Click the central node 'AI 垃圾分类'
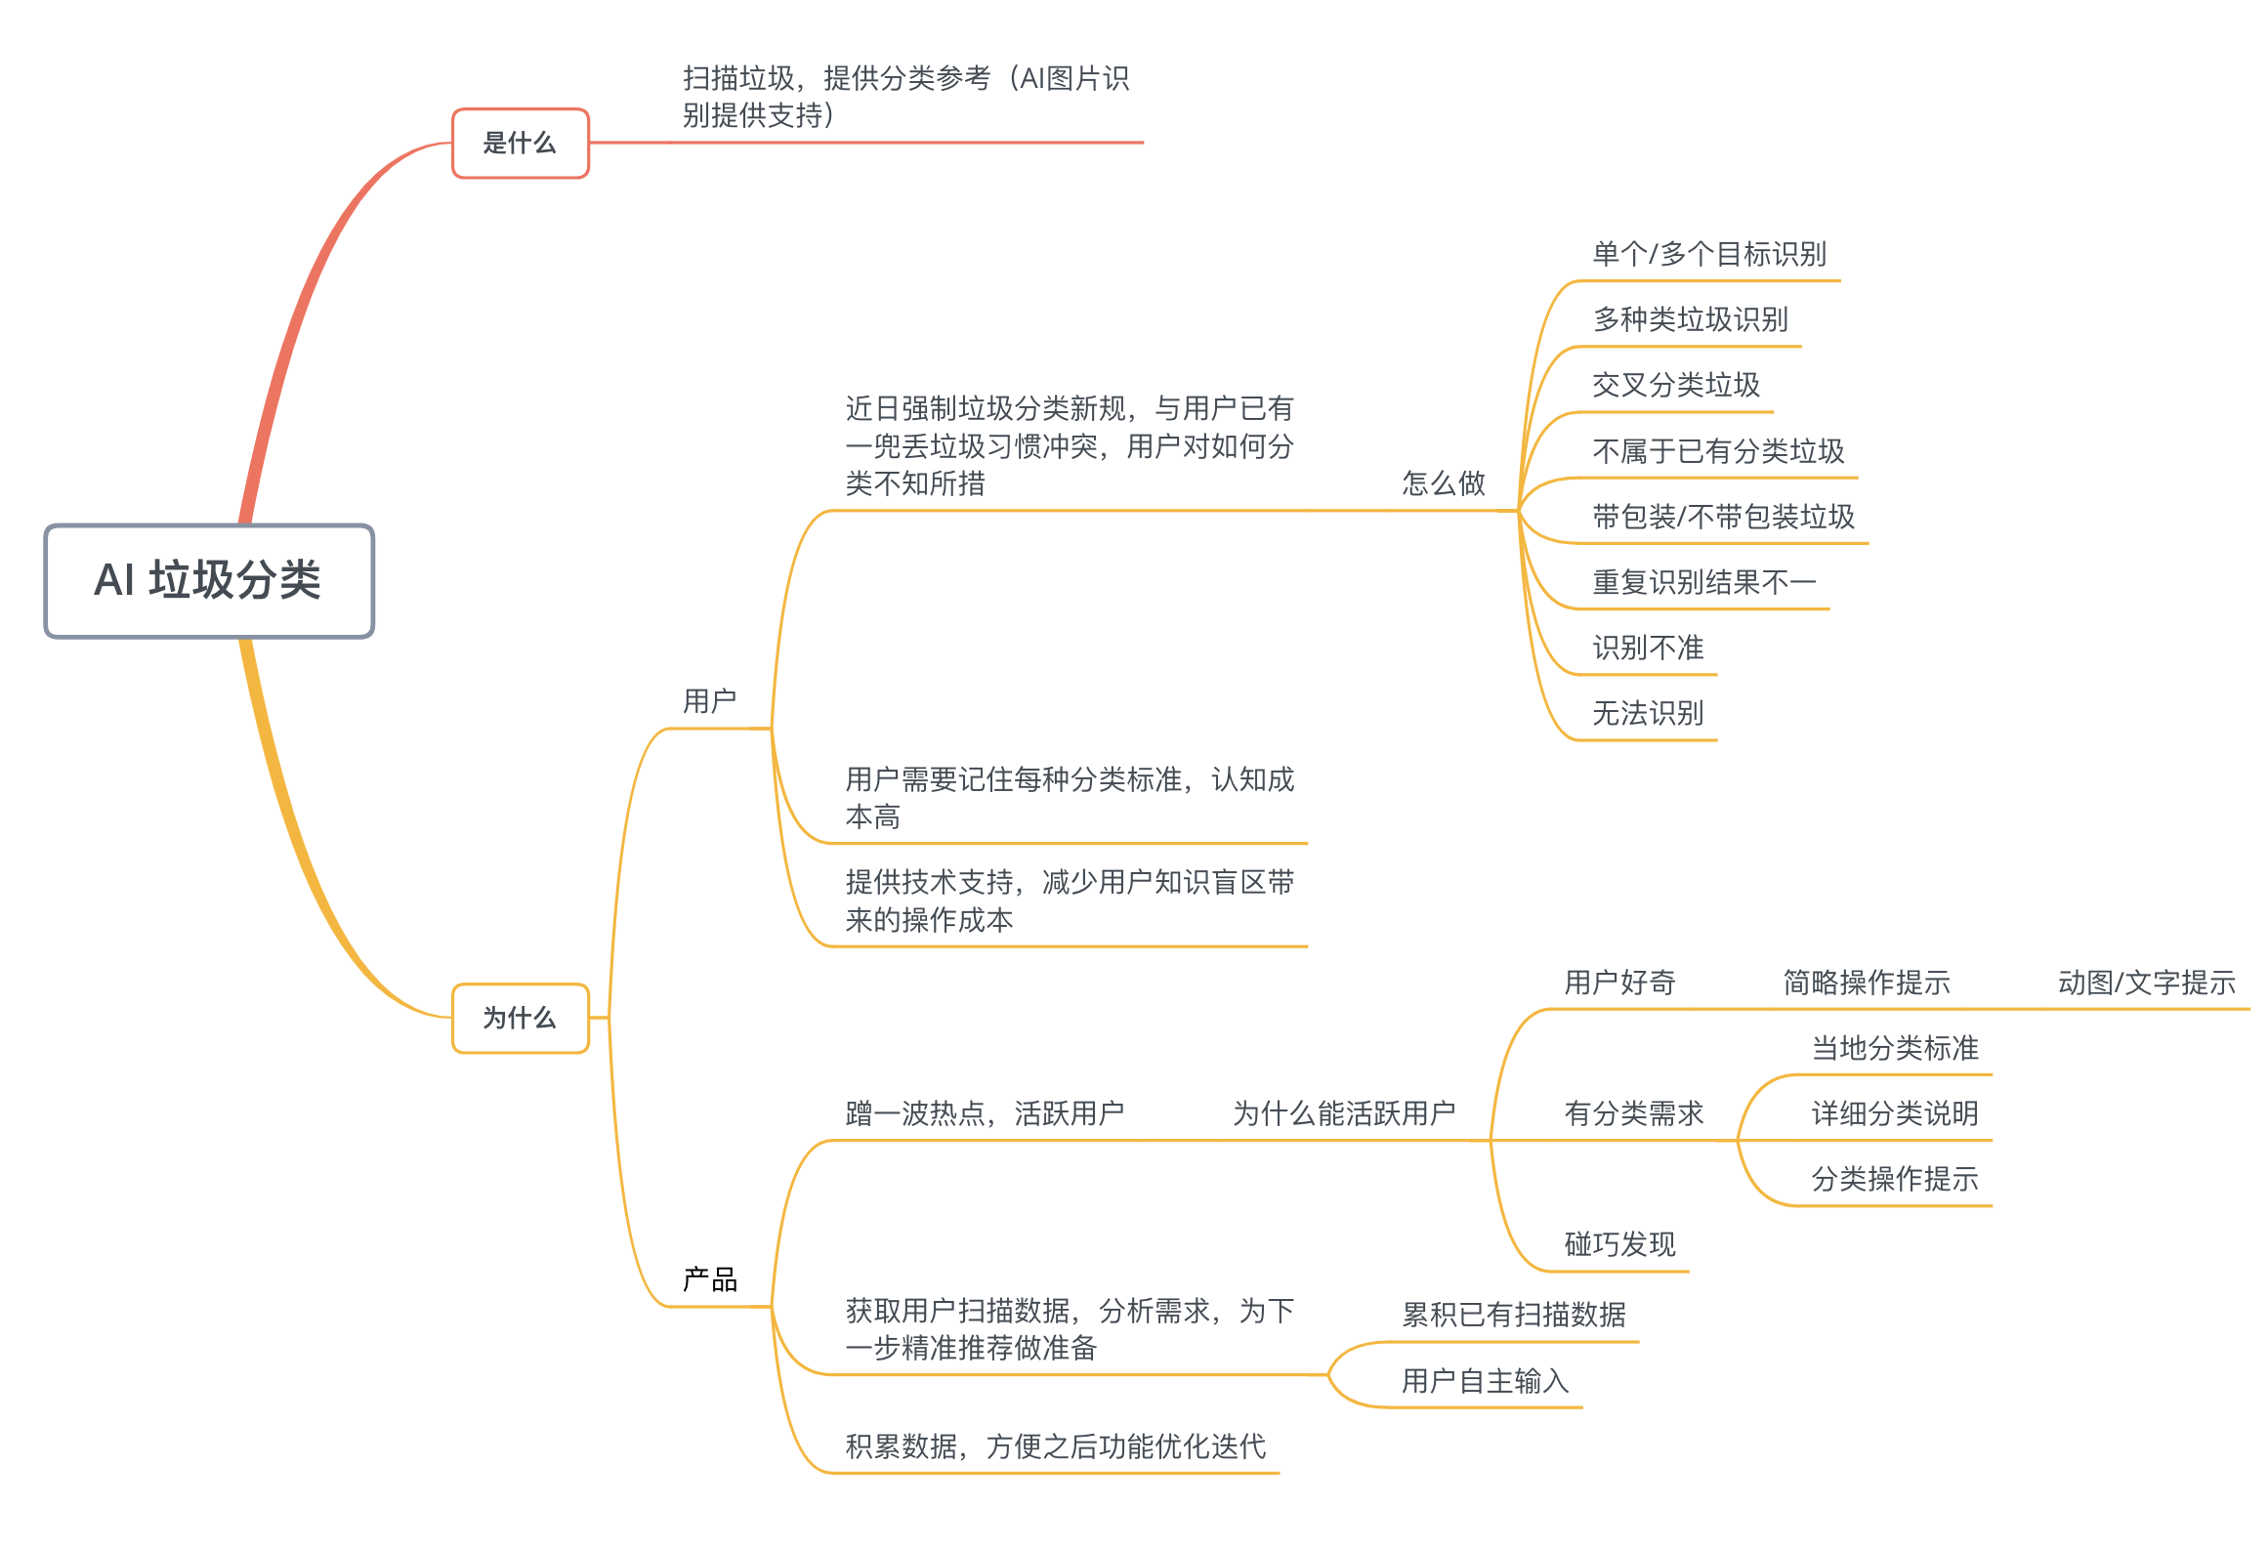click(x=208, y=580)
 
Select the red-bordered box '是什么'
click(x=520, y=144)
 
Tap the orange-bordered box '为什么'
click(x=520, y=1018)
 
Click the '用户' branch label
click(x=709, y=700)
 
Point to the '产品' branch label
click(x=709, y=1278)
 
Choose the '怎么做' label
click(x=1443, y=482)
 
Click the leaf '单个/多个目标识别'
click(x=1708, y=254)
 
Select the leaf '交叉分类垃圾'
click(x=1675, y=385)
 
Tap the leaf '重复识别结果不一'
click(x=1703, y=582)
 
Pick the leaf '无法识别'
click(x=1647, y=713)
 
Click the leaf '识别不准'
click(x=1647, y=648)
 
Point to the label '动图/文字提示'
click(x=2146, y=982)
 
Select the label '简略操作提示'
click(x=1866, y=982)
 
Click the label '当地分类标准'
click(x=1894, y=1048)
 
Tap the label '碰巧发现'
click(x=1619, y=1243)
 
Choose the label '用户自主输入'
click(x=1485, y=1380)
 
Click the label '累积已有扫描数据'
click(x=1513, y=1315)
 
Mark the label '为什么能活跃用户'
click(x=1343, y=1112)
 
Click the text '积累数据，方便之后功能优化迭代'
click(x=1055, y=1445)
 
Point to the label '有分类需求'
click(x=1633, y=1112)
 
